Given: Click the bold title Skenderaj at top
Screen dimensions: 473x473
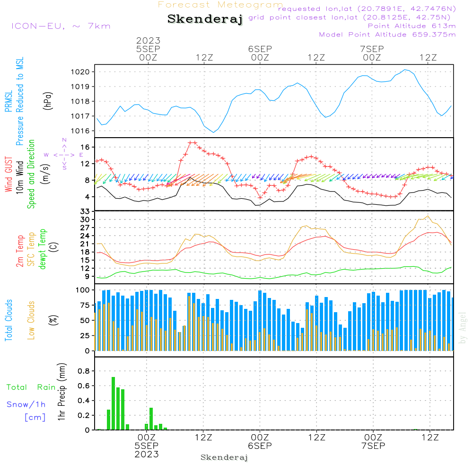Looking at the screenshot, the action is (x=205, y=19).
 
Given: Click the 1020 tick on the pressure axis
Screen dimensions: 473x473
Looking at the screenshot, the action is (x=80, y=72).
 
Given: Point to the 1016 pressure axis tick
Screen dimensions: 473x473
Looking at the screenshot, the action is (x=80, y=131).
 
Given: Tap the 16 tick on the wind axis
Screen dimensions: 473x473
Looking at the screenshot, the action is (x=85, y=147).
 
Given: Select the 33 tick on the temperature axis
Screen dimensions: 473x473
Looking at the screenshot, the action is (x=85, y=211).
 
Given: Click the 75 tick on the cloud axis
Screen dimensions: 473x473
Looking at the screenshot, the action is (x=83, y=305).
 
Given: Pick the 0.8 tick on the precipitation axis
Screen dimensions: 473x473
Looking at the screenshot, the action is (x=84, y=371).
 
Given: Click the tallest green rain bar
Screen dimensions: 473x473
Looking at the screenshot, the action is (x=114, y=403).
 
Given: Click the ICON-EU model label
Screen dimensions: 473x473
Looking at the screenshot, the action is (x=61, y=26).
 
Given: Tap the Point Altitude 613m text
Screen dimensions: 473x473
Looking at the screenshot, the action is (x=412, y=26).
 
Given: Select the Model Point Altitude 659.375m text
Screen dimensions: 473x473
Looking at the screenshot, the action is (x=387, y=35).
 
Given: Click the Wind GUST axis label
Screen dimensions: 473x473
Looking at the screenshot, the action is (x=9, y=174).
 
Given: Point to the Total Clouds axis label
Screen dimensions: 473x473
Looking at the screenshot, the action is (x=9, y=320).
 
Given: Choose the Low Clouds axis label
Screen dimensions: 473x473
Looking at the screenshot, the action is (x=31, y=320).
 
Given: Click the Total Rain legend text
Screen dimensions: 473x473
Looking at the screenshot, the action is (x=31, y=387).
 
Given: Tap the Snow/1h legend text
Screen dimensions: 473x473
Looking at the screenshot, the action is (x=26, y=404).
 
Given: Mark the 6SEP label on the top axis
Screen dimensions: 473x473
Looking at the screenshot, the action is (x=260, y=49).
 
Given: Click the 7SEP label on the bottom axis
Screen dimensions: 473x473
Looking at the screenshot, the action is (x=373, y=446).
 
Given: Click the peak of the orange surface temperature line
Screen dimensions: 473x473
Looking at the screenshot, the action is (x=428, y=216).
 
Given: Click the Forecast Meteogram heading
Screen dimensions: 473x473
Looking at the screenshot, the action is (x=220, y=5).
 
